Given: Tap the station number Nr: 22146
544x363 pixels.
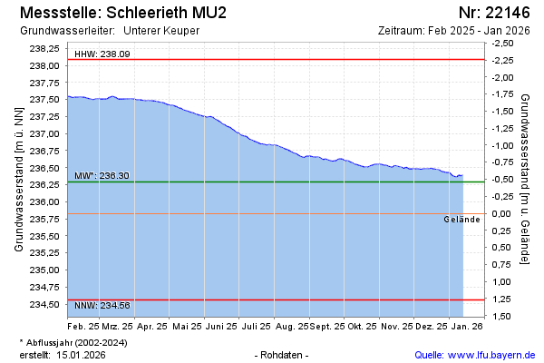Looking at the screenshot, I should coord(493,13).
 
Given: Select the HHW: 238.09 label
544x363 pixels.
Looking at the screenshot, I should coord(102,54).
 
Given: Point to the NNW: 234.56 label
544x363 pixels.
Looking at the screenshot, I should coord(102,305).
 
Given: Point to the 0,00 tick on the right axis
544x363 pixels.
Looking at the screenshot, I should coord(502,212).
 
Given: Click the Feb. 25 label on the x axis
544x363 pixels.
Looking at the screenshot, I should coord(84,325).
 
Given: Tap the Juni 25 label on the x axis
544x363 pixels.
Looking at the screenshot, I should coord(222,325).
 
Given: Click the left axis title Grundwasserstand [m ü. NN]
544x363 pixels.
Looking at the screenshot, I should coord(18,178).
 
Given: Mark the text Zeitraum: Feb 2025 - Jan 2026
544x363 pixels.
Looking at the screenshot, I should coord(454,30).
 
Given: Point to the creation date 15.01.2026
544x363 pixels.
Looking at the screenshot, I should coord(81,354).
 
